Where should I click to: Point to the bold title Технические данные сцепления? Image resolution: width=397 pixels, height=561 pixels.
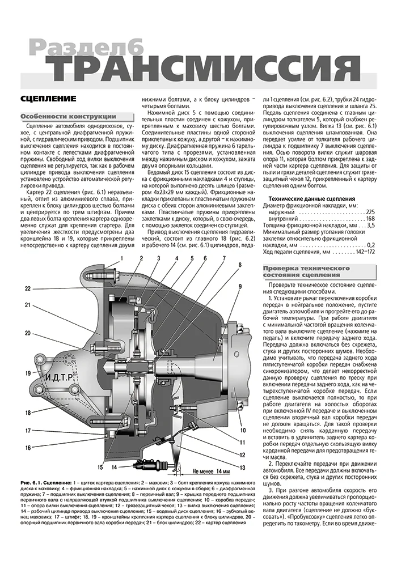coord(312,199)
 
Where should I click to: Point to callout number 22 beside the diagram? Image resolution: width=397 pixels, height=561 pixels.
coord(27,288)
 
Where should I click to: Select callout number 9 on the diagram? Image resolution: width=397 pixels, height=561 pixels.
coord(240,285)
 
